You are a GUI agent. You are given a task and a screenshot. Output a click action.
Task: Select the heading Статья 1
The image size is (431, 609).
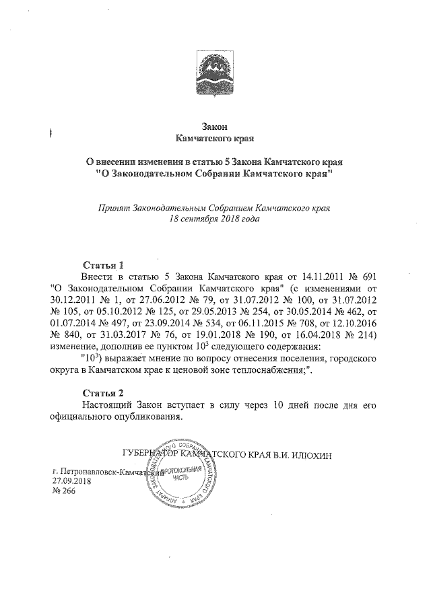point(102,264)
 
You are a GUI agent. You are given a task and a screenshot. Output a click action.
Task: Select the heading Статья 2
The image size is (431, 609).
point(102,392)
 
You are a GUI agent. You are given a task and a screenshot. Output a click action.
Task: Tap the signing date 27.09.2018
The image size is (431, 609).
point(73,482)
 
